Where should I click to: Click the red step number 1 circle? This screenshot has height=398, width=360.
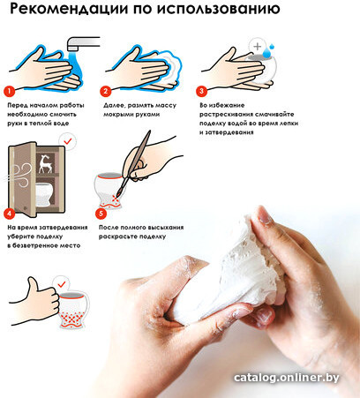tap(10, 92)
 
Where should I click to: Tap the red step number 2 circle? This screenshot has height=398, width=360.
tap(105, 92)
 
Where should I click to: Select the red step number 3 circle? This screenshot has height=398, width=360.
tap(201, 91)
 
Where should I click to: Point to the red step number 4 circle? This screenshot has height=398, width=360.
tap(10, 214)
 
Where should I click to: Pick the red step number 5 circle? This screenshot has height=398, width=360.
tap(101, 214)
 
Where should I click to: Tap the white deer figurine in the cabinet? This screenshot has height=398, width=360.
tap(46, 163)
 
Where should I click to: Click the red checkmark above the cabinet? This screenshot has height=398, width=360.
tap(68, 141)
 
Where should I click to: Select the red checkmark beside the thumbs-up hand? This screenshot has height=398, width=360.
tap(62, 284)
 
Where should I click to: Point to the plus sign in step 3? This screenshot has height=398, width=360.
tap(258, 46)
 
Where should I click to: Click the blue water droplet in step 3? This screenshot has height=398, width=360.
tap(267, 53)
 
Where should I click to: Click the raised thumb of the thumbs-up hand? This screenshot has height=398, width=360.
tap(32, 284)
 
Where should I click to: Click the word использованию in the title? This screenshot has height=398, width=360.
tap(218, 9)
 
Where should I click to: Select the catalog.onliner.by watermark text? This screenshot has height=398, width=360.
tap(287, 378)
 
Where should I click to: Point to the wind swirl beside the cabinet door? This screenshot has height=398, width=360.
tap(20, 174)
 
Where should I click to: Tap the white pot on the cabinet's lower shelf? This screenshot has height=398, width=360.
tap(45, 194)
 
